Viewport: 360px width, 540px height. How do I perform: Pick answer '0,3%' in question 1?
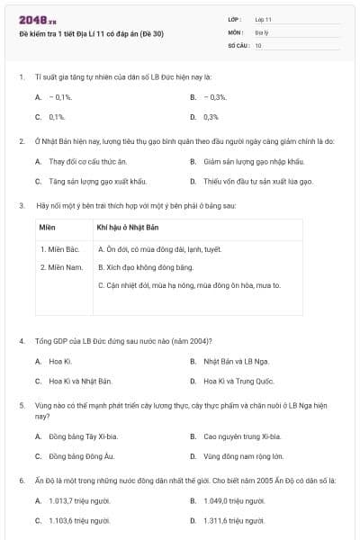click(x=211, y=117)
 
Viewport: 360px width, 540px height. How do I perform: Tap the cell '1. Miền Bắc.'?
click(x=61, y=248)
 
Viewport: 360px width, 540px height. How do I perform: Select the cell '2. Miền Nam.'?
click(x=62, y=267)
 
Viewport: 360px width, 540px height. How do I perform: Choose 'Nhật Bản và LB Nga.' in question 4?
click(x=236, y=361)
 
